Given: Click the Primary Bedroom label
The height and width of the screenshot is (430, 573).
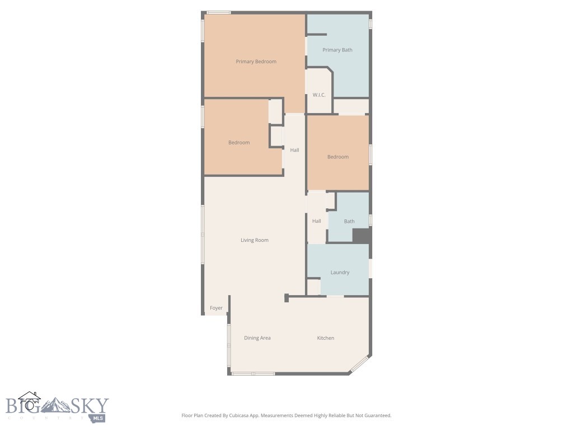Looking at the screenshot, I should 256,62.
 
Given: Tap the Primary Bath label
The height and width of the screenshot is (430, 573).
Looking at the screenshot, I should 337,50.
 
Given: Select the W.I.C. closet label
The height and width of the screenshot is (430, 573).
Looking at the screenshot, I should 319,95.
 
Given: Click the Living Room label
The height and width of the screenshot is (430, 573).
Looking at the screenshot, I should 255,240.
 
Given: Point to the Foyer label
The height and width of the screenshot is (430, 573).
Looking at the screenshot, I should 216,308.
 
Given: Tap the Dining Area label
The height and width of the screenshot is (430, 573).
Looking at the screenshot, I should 257,338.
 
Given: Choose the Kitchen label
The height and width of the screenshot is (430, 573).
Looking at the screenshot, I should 326,338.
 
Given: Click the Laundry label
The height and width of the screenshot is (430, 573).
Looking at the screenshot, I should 340,273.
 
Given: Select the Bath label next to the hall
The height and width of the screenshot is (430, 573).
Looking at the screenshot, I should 349,222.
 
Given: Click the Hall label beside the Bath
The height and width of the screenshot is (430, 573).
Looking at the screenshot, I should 317,221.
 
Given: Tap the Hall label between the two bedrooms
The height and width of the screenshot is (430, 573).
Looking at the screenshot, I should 294,150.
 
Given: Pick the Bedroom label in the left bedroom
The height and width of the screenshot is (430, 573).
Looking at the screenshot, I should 239,143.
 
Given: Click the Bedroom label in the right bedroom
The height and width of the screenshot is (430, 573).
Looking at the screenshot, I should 338,157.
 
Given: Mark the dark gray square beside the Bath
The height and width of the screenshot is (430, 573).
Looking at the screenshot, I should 361,235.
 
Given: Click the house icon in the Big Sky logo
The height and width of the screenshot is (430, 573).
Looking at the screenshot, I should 29,401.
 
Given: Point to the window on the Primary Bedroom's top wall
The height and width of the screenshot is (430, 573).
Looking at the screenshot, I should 218,12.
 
